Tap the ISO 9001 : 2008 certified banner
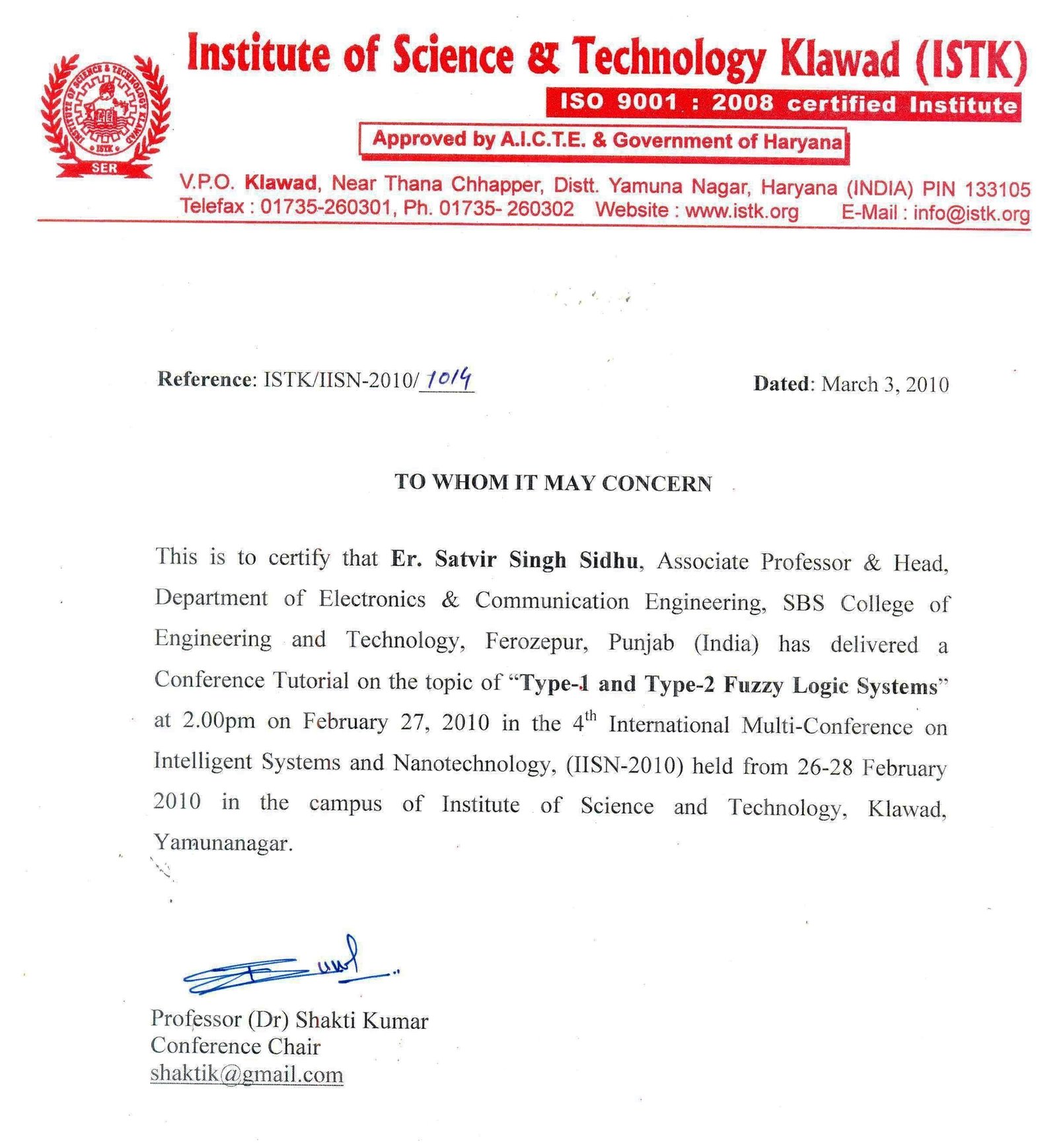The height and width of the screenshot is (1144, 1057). click(x=783, y=104)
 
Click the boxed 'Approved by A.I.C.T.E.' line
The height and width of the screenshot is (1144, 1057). click(x=604, y=141)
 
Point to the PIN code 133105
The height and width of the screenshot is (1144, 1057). click(x=997, y=190)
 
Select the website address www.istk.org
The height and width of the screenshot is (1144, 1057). click(x=741, y=211)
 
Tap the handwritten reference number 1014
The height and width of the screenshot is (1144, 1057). click(x=449, y=379)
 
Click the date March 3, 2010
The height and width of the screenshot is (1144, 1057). click(x=885, y=385)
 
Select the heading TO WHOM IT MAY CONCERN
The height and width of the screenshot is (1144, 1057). click(x=552, y=482)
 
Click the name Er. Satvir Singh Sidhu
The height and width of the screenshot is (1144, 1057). click(x=515, y=560)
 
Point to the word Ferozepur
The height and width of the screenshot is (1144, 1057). click(x=536, y=642)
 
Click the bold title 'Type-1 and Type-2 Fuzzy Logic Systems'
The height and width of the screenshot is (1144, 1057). click(x=729, y=685)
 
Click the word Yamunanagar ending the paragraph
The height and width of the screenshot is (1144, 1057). click(x=223, y=843)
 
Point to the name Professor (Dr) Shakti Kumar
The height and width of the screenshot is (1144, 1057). click(x=289, y=1020)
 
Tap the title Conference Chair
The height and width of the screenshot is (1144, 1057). click(x=235, y=1046)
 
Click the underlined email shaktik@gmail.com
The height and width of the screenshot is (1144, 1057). click(x=246, y=1074)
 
